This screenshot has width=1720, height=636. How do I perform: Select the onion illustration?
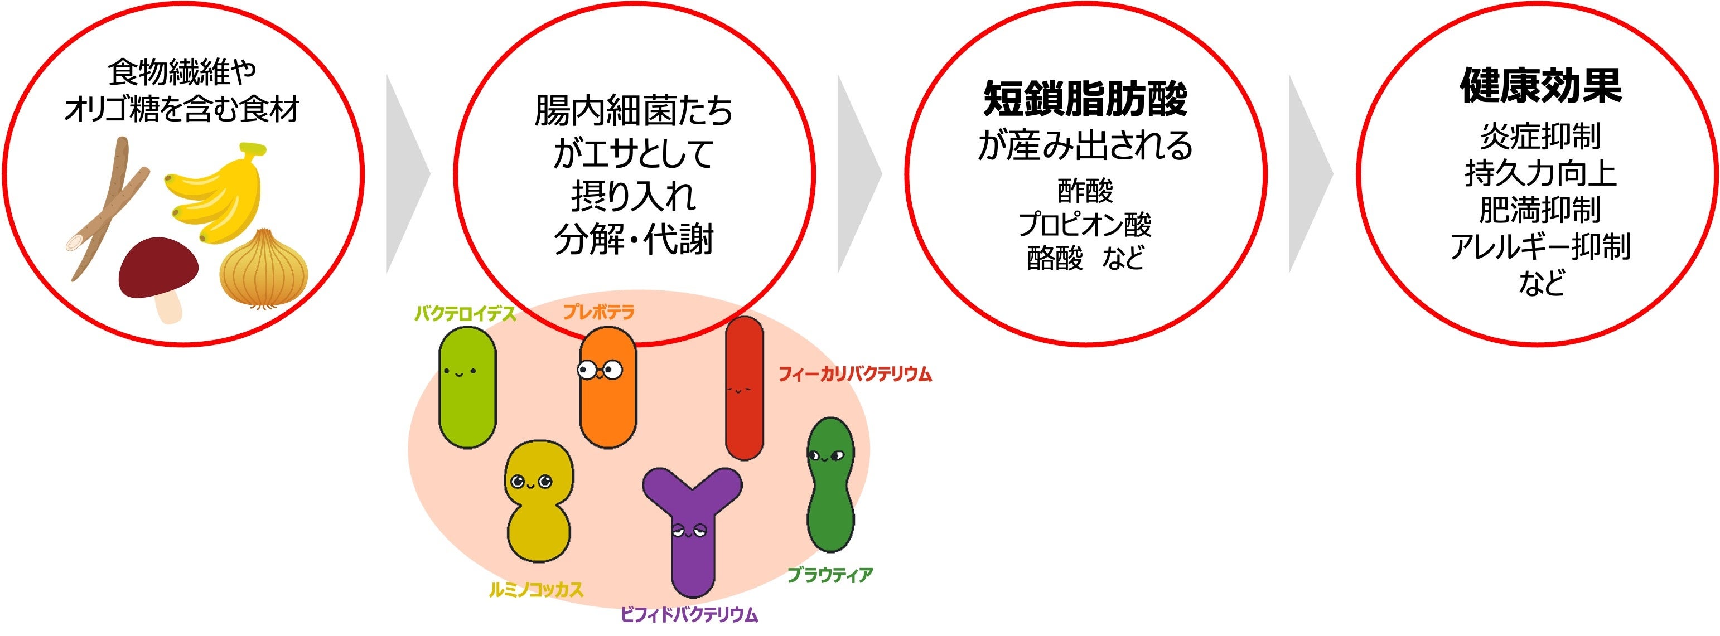(x=264, y=270)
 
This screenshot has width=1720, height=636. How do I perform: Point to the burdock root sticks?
(x=110, y=207)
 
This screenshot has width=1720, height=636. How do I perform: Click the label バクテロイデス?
(x=465, y=314)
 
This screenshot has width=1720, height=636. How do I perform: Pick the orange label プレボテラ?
(x=598, y=312)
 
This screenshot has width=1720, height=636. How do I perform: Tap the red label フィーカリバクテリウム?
(x=854, y=373)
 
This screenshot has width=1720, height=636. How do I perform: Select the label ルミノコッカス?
(x=536, y=589)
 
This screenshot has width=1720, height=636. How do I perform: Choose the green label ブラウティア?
(x=830, y=575)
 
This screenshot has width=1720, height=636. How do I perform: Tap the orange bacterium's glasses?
(x=600, y=369)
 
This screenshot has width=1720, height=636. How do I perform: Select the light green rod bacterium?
(x=467, y=387)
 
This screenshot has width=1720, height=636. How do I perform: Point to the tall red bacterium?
(x=744, y=389)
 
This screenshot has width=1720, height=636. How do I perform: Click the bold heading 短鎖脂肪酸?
(x=1085, y=99)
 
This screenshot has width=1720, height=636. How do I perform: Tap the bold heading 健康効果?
(x=1540, y=85)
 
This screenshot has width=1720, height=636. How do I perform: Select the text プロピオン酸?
(x=1085, y=224)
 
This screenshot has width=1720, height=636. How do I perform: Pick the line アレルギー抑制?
(x=1540, y=246)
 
